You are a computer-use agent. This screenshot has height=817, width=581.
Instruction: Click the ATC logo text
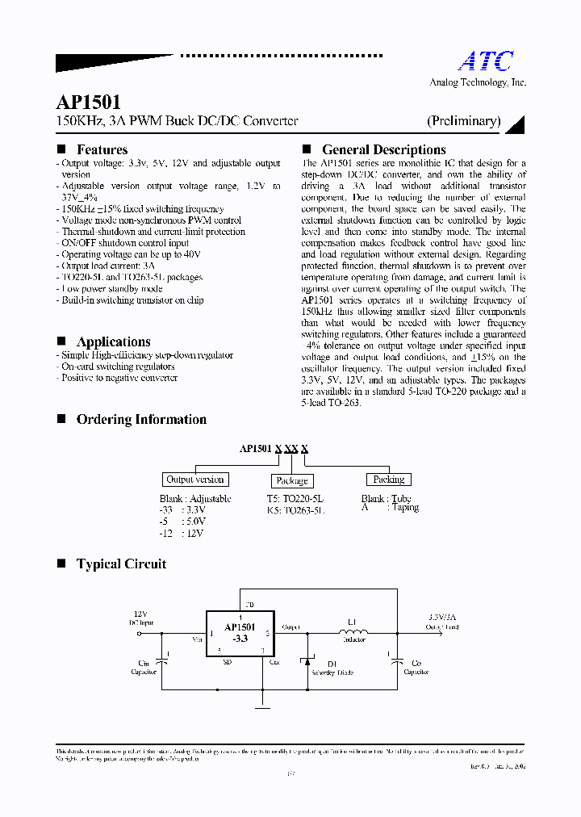pos(486,61)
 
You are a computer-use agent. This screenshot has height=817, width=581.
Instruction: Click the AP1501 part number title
pos(89,102)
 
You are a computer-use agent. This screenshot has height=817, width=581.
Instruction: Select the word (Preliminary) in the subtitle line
pos(463,121)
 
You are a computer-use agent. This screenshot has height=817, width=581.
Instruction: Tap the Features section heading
pos(102,149)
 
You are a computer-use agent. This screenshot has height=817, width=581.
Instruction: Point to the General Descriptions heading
pos(383,149)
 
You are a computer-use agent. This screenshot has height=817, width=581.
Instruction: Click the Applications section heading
pos(113,341)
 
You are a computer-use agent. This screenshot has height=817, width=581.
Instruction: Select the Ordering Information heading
pos(141,419)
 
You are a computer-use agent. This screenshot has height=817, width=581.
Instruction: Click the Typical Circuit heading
pos(121,564)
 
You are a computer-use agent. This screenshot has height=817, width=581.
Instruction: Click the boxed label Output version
pos(194,479)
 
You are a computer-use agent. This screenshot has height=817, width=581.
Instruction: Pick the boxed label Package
pos(291,480)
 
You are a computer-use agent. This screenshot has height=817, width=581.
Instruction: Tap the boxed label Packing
pos(388,479)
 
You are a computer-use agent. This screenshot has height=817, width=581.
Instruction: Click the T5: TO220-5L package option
pos(295,499)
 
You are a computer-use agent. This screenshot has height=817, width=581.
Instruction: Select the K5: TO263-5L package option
pos(296,510)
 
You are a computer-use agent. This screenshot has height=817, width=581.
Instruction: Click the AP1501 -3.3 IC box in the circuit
pos(239,632)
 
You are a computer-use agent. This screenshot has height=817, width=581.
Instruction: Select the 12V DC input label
pos(141,619)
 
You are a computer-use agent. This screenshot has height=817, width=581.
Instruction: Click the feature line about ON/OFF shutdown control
pos(124,243)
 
